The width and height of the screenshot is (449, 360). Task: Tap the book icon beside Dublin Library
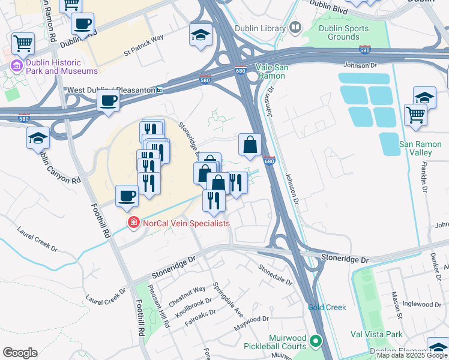295,27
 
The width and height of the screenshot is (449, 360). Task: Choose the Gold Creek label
327,307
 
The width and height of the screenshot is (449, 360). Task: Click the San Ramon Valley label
415,148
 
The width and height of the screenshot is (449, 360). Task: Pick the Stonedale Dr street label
275,274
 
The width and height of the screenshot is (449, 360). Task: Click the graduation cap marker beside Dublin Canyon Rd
38,137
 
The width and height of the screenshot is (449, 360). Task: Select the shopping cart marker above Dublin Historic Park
23,42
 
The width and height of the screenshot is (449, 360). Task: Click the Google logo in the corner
20,353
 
